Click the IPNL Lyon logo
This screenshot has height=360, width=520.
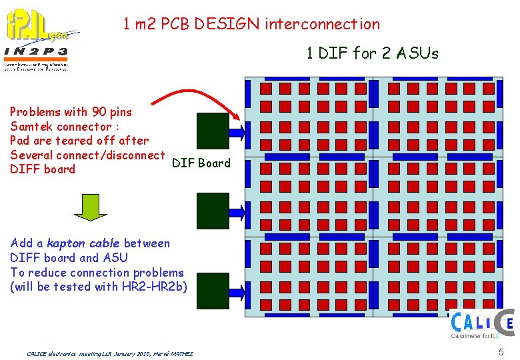(41, 26)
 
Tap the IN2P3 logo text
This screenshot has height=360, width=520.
(37, 51)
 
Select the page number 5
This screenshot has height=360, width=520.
(500, 351)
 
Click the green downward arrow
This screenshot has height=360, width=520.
(90, 207)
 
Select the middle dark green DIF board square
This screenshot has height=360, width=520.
(213, 210)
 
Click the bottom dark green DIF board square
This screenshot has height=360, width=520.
(213, 291)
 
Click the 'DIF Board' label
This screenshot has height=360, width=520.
(201, 163)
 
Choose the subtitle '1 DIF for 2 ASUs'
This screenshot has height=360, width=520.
(373, 53)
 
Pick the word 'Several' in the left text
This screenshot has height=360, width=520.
(31, 155)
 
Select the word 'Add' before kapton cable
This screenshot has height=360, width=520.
(21, 243)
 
